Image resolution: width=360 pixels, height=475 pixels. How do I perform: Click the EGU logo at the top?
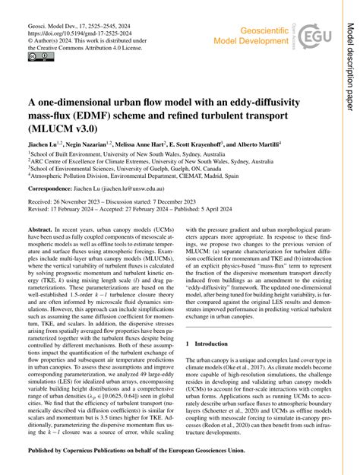(311, 36)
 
